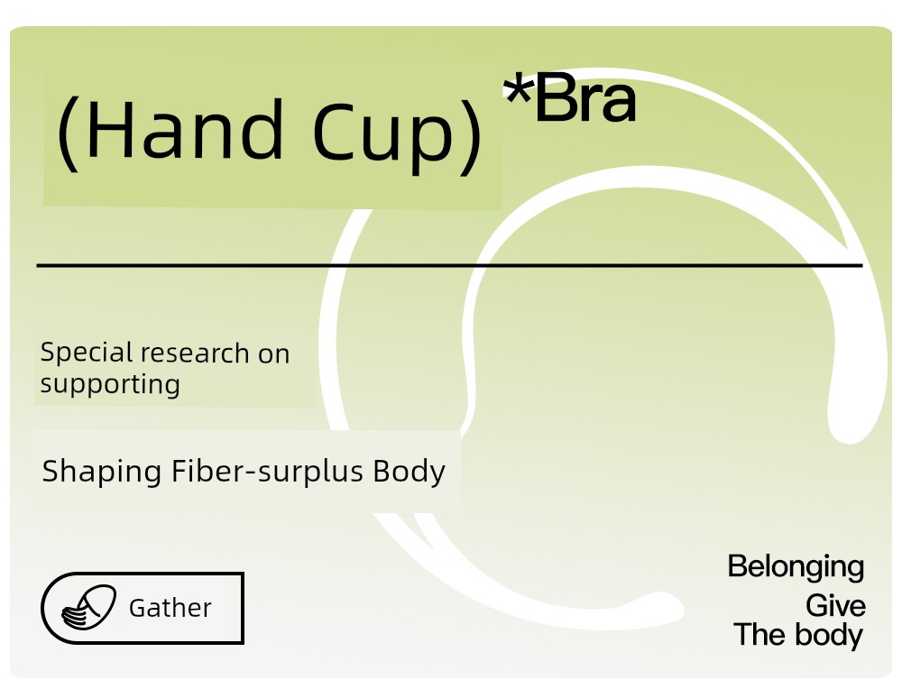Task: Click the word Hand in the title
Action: (x=185, y=129)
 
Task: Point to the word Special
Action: (x=87, y=353)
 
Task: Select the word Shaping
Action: (x=102, y=473)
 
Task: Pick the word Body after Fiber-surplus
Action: (x=409, y=473)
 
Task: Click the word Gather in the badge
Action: (x=170, y=608)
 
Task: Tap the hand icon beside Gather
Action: (x=88, y=608)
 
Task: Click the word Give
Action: (x=835, y=606)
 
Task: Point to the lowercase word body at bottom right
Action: (x=829, y=636)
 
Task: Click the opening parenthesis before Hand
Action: (x=68, y=133)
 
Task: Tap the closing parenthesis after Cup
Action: (x=471, y=136)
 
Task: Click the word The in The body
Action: (x=760, y=634)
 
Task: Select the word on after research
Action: (x=274, y=354)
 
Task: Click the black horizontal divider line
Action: (x=450, y=265)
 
